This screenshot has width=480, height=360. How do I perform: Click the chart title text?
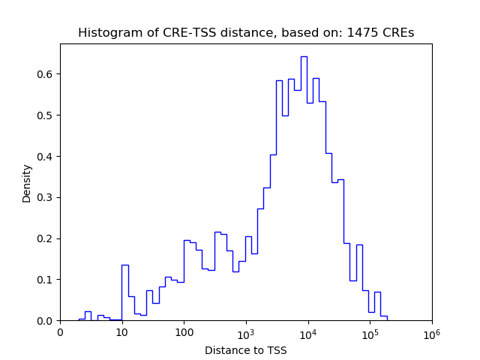(246, 33)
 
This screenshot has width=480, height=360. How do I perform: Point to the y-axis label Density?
(27, 183)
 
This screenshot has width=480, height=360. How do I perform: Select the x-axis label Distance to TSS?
(246, 349)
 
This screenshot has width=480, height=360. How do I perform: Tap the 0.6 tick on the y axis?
(46, 74)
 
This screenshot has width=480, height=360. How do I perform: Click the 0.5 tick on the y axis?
(46, 115)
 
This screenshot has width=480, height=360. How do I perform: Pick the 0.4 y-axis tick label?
(46, 157)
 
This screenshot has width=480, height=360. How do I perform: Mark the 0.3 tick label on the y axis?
(46, 197)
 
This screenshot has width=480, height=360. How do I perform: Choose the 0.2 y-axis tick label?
(46, 238)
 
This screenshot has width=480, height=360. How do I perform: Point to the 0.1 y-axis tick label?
(46, 280)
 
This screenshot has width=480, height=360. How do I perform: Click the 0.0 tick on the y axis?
(46, 321)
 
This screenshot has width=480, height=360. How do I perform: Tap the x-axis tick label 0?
(61, 332)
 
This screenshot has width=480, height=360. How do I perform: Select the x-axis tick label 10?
(122, 332)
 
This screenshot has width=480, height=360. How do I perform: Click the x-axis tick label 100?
(184, 332)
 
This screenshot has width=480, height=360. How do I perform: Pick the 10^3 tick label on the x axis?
(246, 331)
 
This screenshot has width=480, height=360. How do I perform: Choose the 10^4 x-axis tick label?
(308, 331)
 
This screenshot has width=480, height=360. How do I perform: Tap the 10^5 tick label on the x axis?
(370, 331)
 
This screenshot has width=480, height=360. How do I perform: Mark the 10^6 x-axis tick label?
(432, 331)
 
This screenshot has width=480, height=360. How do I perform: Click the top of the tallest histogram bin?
(304, 56)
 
